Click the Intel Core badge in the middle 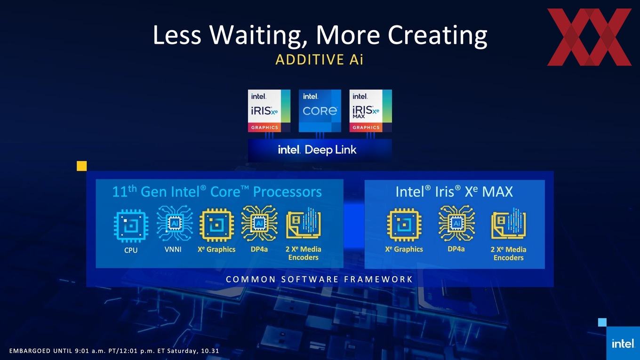tap(320, 111)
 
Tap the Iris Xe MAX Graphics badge tap(370, 111)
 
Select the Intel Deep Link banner tap(320, 150)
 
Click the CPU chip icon tap(131, 226)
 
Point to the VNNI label tap(173, 249)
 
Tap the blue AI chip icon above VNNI tap(175, 223)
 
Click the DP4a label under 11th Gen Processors tap(259, 249)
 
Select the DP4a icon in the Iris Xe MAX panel tap(456, 223)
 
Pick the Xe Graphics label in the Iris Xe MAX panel tap(404, 249)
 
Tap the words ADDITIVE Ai tap(320, 59)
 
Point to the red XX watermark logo tap(589, 37)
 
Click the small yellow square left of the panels tap(82, 166)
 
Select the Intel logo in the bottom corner tap(623, 343)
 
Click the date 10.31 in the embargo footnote tap(210, 351)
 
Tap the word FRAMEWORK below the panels tap(378, 279)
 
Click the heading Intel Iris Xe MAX tap(454, 192)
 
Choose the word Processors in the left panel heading tap(288, 192)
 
